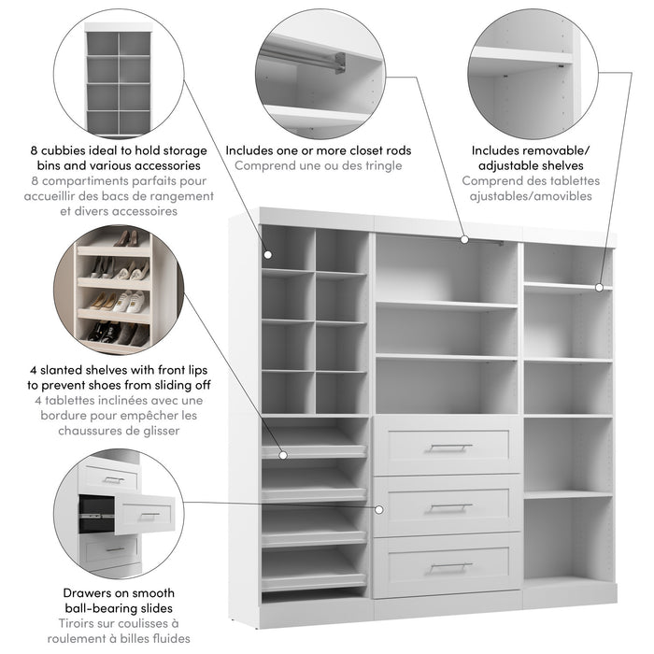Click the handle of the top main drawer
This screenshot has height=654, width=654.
pyautogui.click(x=449, y=448)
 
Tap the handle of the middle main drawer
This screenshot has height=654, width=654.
pyautogui.click(x=449, y=507)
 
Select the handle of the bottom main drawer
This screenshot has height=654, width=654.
pyautogui.click(x=449, y=566)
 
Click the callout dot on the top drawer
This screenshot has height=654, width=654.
pyautogui.click(x=378, y=509)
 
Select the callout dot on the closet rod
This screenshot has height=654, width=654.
pyautogui.click(x=464, y=240)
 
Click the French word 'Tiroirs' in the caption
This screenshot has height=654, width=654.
pyautogui.click(x=84, y=623)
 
